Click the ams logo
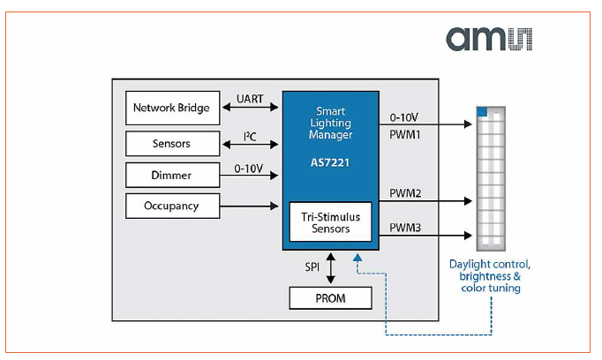coord(489,39)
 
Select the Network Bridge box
coord(171,108)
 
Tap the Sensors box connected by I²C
coord(171,143)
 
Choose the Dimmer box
coord(171,175)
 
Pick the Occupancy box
coord(171,206)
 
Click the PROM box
coord(330,298)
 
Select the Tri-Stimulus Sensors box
coord(330,222)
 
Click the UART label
coord(250,99)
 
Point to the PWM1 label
coord(406,134)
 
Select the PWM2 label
coord(406,192)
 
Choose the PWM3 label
coord(406,228)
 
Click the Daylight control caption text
coord(490,275)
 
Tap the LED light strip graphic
coord(490,176)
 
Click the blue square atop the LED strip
coord(482,111)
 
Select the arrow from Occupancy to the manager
coord(249,206)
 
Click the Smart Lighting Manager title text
coord(330,124)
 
